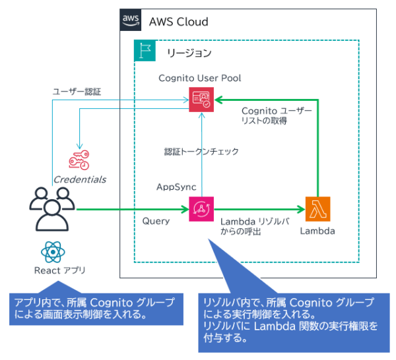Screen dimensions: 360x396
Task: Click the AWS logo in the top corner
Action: pos(130,20)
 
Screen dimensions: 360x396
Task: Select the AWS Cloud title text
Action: pos(178,22)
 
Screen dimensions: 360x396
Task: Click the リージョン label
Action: pos(189,52)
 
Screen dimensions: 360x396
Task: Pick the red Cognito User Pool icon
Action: pos(200,99)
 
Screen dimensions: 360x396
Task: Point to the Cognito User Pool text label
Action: pos(199,78)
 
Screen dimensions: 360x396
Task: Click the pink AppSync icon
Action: pos(200,209)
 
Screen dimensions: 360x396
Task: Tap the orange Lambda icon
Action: pos(317,209)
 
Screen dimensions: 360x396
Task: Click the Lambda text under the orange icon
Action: pos(317,231)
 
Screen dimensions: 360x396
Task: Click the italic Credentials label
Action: pos(80,179)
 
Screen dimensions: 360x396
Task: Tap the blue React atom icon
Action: pos(51,253)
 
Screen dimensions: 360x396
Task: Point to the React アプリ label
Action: pos(59,270)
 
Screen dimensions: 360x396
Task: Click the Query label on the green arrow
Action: pos(156,222)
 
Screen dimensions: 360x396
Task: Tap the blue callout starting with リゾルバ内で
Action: pos(290,320)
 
